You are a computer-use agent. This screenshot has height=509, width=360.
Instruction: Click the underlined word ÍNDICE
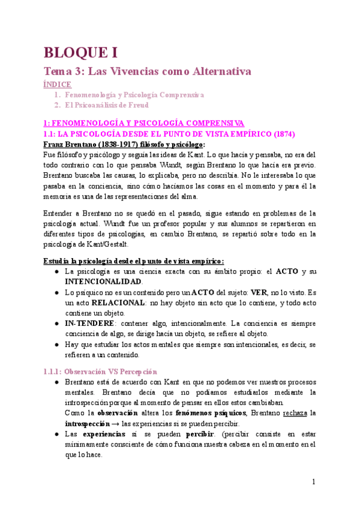(59, 84)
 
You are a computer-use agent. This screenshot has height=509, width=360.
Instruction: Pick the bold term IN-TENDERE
(90, 324)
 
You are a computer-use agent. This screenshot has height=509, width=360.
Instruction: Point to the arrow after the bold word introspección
(113, 424)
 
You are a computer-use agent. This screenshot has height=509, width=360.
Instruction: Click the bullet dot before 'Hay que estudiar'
(55, 345)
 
